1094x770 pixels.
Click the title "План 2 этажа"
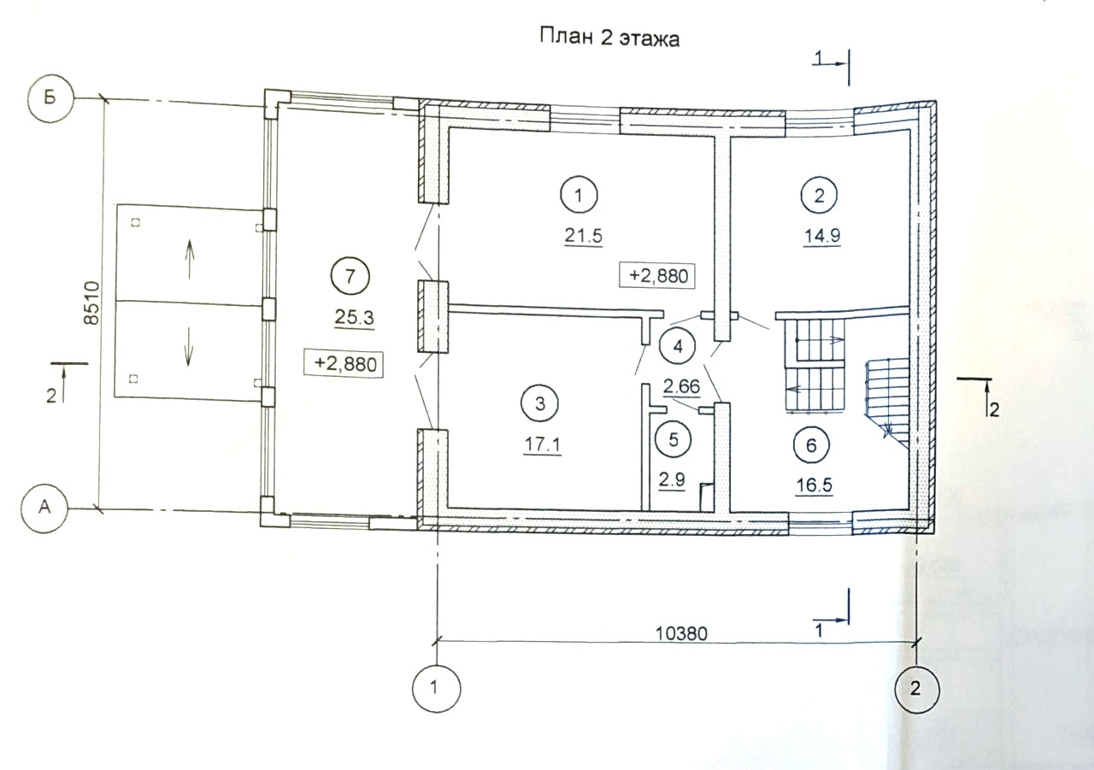click(x=609, y=38)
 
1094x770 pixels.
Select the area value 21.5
click(x=584, y=237)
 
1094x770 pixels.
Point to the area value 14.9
click(x=822, y=236)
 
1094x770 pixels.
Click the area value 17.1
click(x=543, y=444)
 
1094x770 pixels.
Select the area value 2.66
click(x=682, y=386)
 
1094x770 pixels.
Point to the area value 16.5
click(x=815, y=485)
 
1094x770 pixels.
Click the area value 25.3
click(x=354, y=318)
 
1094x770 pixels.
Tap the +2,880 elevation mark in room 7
click(x=344, y=363)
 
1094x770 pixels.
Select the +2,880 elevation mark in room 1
click(x=657, y=276)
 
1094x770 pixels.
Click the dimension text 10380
click(x=681, y=634)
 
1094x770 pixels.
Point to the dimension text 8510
click(x=91, y=303)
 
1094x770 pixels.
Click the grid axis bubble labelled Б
click(x=50, y=98)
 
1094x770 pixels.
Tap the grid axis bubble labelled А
click(x=45, y=508)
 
